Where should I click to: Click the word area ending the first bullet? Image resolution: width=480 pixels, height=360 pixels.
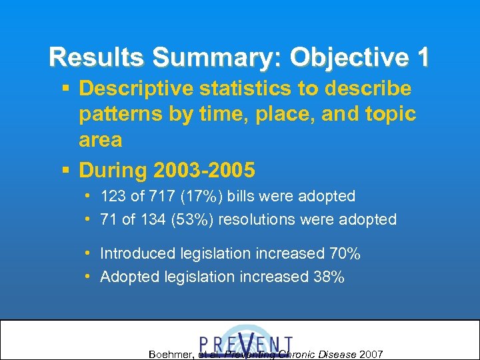[100, 139]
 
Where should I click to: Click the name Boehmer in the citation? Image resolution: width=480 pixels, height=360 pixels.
[171, 354]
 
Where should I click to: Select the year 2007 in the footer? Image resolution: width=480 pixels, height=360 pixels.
[371, 354]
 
